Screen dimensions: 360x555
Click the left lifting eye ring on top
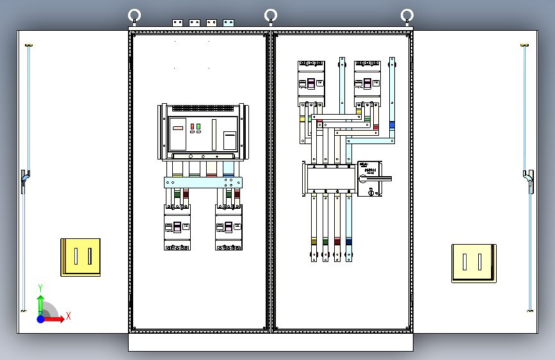pyautogui.click(x=134, y=15)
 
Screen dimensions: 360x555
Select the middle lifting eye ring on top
pyautogui.click(x=271, y=15)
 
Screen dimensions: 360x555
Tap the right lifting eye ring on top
pyautogui.click(x=406, y=15)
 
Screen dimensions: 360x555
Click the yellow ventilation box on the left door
pyautogui.click(x=81, y=257)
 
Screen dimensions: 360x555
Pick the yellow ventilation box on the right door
pyautogui.click(x=474, y=263)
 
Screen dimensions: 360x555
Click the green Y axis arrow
pyautogui.click(x=40, y=301)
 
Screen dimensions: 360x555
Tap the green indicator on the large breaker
pyautogui.click(x=198, y=127)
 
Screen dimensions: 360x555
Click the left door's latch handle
pyautogui.click(x=24, y=181)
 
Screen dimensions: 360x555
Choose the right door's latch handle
pyautogui.click(x=529, y=181)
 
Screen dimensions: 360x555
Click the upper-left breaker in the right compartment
pyautogui.click(x=311, y=83)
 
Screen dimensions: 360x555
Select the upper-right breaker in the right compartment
pyautogui.click(x=368, y=83)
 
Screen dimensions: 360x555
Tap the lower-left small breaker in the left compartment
pyautogui.click(x=177, y=227)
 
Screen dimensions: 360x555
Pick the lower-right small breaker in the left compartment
pyautogui.click(x=229, y=227)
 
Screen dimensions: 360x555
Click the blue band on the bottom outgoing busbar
pyautogui.click(x=348, y=241)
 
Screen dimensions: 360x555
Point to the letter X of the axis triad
pyautogui.click(x=68, y=316)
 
